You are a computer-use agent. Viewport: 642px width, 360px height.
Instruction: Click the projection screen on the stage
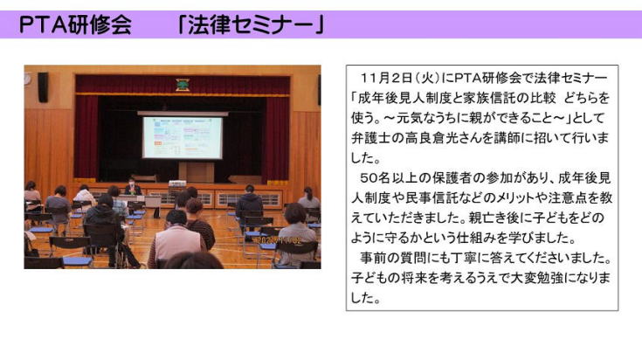click(x=183, y=137)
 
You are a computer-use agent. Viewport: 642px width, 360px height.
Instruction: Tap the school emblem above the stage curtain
click(x=183, y=85)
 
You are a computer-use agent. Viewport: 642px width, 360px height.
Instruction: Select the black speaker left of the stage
click(x=43, y=87)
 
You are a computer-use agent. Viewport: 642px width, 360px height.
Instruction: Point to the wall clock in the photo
click(x=27, y=79)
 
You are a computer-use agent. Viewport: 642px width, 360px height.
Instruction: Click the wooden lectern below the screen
click(x=197, y=172)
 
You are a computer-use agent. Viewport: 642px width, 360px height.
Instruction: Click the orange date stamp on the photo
click(x=280, y=240)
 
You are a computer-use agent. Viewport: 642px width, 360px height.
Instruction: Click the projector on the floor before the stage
click(x=176, y=183)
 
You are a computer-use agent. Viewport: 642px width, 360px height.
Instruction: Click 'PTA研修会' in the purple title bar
click(x=75, y=24)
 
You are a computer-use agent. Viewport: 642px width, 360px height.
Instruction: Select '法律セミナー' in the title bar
click(x=251, y=24)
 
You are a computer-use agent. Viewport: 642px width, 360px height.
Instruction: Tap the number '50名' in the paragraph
click(x=375, y=177)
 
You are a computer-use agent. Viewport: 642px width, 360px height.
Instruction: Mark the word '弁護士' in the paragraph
click(x=370, y=137)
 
